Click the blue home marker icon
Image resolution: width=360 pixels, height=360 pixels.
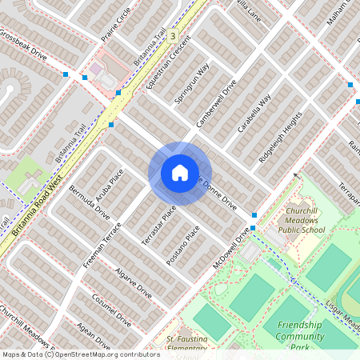click(x=179, y=173)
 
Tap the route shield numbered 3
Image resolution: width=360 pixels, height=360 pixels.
click(x=172, y=36)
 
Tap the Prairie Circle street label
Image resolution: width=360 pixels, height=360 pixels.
click(x=116, y=25)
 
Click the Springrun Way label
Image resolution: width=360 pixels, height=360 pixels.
click(x=191, y=83)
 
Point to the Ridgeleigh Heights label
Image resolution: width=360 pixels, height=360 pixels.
click(x=280, y=137)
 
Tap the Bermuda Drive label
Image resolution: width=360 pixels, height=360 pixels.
click(x=89, y=204)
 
